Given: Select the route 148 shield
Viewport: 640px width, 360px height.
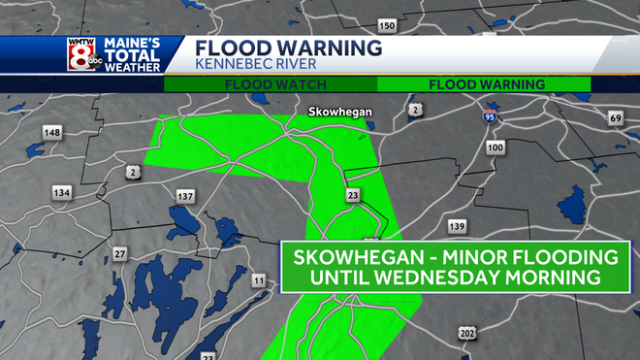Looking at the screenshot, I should point(52,133).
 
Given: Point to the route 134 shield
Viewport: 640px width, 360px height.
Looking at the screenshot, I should point(63,193).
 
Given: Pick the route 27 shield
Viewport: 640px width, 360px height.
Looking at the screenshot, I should point(119,254).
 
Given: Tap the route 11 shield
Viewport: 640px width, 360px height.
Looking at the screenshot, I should point(258,281).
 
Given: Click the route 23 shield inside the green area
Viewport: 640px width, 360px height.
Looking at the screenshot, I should point(353,196).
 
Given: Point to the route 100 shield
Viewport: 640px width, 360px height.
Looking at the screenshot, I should point(495,147).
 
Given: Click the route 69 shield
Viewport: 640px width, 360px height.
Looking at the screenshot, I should point(615,118).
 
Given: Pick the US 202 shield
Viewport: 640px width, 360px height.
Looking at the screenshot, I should point(467,333).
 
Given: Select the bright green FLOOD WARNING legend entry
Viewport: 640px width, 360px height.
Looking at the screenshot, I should point(486,84).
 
